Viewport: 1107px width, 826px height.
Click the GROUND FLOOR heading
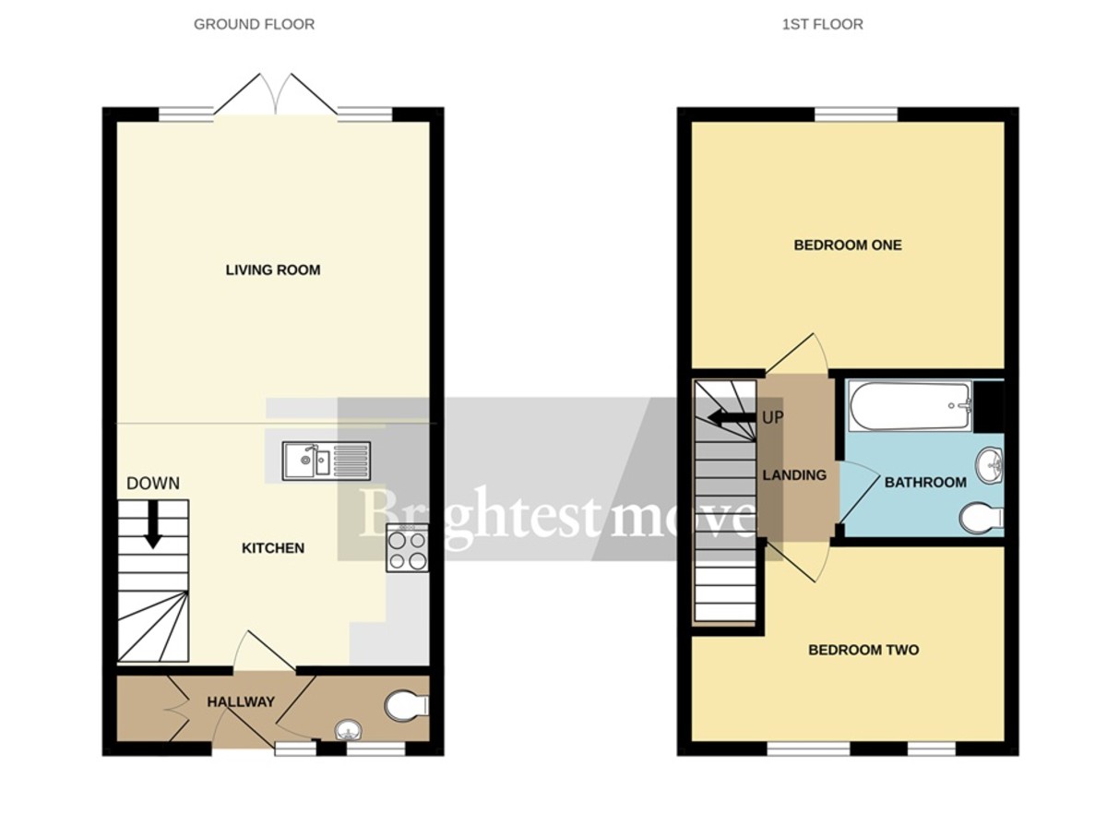[254, 24]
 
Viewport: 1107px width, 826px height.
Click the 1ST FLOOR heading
[822, 24]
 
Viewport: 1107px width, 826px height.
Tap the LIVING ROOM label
[273, 269]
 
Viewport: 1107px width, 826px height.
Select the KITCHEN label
[273, 548]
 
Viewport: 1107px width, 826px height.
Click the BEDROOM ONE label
[848, 245]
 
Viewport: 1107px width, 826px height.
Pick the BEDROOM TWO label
[863, 650]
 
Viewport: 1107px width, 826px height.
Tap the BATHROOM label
[925, 482]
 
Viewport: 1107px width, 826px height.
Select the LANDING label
[794, 475]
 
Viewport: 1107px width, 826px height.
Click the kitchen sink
[327, 460]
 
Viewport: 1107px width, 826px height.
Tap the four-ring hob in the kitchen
[406, 549]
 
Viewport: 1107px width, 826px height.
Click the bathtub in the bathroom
[911, 407]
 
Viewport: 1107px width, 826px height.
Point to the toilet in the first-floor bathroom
[981, 518]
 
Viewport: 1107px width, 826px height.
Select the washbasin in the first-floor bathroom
[988, 464]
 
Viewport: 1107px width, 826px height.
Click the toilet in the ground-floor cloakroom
[407, 706]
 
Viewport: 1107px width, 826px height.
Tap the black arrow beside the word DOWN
[153, 523]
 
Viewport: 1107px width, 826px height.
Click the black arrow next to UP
[734, 417]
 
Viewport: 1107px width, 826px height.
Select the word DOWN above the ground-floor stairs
[153, 483]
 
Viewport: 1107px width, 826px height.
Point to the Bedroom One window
[856, 114]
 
